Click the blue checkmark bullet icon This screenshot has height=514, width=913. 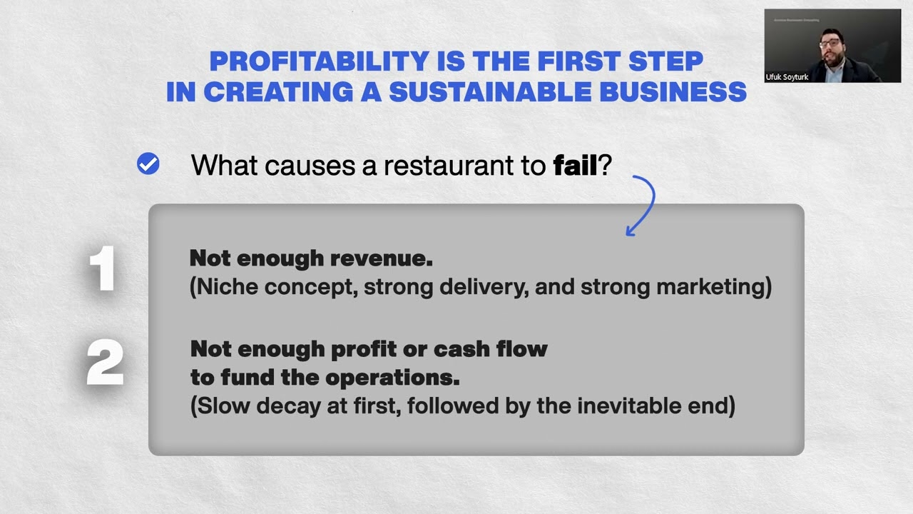tap(148, 164)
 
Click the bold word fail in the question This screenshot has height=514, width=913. tap(575, 166)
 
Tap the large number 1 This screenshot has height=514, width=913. tap(103, 270)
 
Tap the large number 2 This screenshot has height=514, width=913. tap(105, 363)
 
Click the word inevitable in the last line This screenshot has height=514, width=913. tap(632, 405)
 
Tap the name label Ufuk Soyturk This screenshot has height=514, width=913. tap(787, 77)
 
